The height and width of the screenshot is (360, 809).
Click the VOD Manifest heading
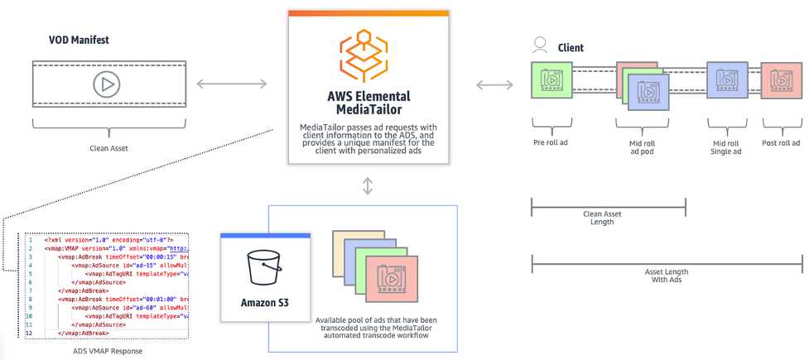tap(80, 40)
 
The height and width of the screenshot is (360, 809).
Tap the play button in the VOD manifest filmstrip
tap(105, 84)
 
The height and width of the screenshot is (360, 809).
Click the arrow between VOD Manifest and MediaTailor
tap(232, 84)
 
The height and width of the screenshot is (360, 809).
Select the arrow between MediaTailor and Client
tap(494, 84)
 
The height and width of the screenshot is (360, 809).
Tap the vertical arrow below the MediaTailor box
tap(368, 186)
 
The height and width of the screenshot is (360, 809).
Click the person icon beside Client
tap(540, 45)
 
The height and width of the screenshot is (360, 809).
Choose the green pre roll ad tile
tap(551, 80)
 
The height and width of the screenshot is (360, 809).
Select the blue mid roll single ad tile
tap(727, 80)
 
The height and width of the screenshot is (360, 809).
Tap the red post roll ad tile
tap(781, 80)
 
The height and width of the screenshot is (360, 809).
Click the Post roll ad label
tap(782, 142)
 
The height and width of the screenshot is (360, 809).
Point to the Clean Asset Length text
tap(609, 217)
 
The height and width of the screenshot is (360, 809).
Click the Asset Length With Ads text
tap(666, 276)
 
